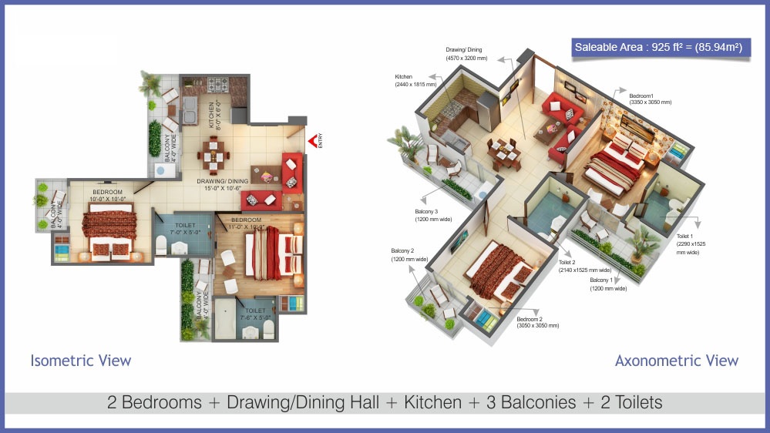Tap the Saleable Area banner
(x=658, y=48)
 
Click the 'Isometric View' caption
(x=81, y=361)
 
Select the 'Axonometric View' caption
(x=677, y=361)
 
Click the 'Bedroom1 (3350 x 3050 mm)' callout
(x=648, y=97)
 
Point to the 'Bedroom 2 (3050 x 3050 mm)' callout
(x=538, y=322)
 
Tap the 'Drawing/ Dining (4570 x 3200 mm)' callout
(x=467, y=53)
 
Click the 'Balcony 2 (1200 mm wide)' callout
(x=409, y=255)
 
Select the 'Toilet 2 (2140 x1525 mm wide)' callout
(x=584, y=267)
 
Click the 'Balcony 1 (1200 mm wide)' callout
(x=608, y=284)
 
